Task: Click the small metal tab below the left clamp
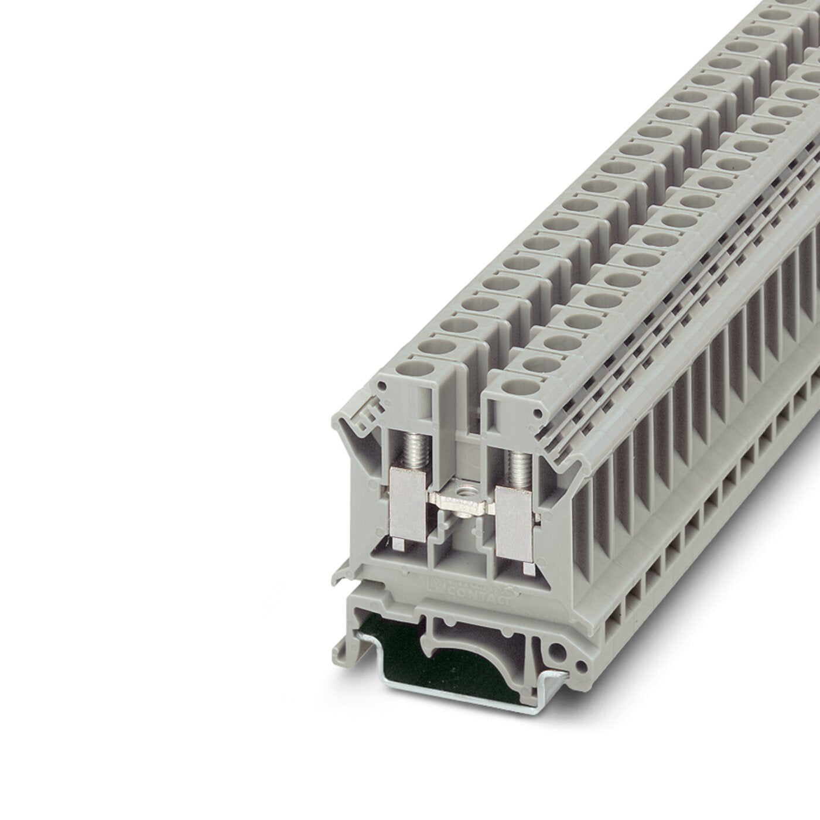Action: coord(413,545)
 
